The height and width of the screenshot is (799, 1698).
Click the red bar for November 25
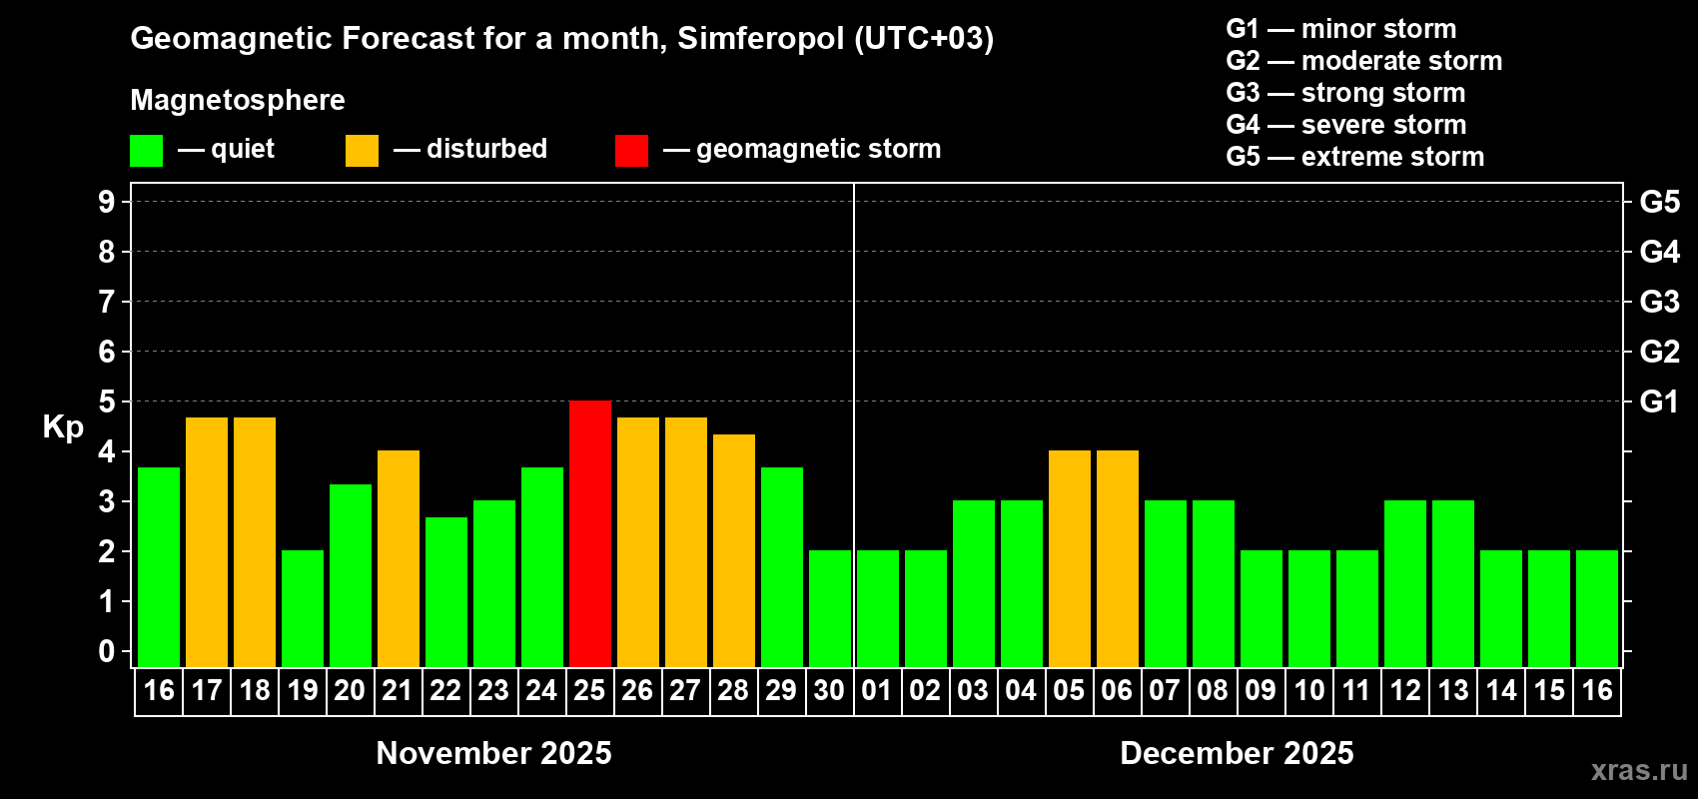coord(590,533)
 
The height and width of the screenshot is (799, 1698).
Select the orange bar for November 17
coord(207,541)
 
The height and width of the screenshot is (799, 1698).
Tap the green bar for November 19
coord(303,608)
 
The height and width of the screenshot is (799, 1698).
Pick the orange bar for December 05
coord(1070,558)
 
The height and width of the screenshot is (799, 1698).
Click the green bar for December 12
coord(1405,583)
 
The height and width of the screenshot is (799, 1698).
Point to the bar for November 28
coord(734,550)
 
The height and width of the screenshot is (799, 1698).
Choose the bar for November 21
coord(399,558)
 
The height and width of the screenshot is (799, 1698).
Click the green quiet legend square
coord(146,151)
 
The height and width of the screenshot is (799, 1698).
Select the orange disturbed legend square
coord(362,151)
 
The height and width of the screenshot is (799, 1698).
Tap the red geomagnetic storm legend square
coord(631,151)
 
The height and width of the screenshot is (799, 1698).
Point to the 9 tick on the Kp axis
coord(107,202)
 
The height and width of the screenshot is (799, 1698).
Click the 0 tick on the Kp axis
coord(107,651)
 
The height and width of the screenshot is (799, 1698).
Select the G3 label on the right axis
coord(1659,302)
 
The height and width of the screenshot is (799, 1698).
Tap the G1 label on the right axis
coord(1659,401)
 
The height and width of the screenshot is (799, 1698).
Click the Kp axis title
coord(63,426)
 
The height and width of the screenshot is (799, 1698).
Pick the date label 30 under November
coord(829,690)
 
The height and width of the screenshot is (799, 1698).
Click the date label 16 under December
coord(1597,690)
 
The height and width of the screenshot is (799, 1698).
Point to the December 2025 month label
coord(1237,753)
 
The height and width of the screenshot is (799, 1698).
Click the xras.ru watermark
coord(1639,770)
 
